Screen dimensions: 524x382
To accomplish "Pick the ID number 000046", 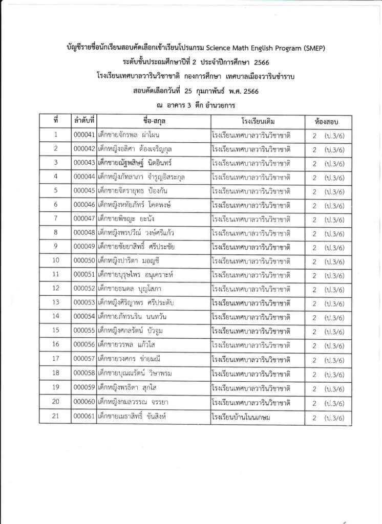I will pyautogui.click(x=84, y=205).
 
